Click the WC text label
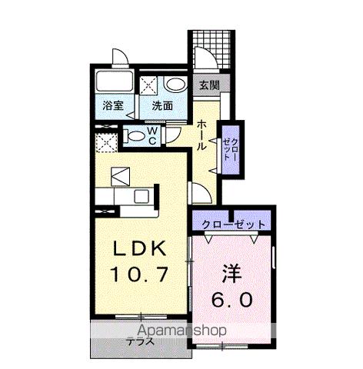click(152, 137)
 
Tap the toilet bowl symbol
click(136, 138)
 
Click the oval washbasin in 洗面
click(174, 85)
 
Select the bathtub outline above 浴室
click(114, 82)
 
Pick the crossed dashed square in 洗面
click(148, 85)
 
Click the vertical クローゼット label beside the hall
click(231, 144)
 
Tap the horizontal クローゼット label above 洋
click(234, 224)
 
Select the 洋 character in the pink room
click(234, 274)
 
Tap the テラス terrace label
click(139, 343)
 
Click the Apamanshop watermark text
click(158, 331)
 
